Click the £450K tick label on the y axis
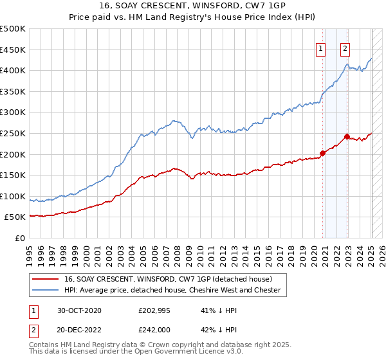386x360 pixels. point(13,50)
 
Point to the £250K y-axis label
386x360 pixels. point(13,133)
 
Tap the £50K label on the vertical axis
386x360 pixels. point(15,217)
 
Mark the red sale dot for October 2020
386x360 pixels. point(322,153)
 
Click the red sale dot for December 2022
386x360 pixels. point(347,136)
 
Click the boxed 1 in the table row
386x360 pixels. point(32,310)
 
